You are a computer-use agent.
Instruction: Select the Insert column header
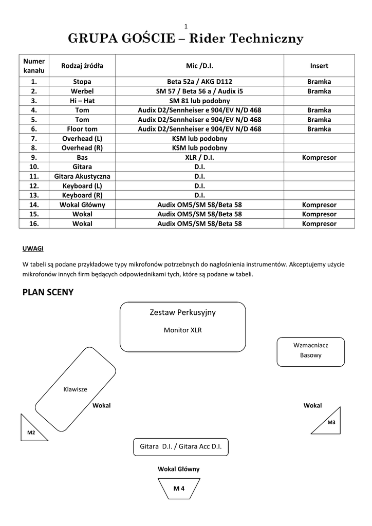(x=319, y=66)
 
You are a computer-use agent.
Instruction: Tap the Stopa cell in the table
(x=82, y=82)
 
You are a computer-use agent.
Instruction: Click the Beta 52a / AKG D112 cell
(x=199, y=82)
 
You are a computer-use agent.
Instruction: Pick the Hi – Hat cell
(x=82, y=101)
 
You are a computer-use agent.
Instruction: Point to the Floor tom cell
(x=82, y=129)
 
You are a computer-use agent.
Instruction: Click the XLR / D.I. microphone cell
(x=199, y=157)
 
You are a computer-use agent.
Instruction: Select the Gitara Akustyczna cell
(x=82, y=176)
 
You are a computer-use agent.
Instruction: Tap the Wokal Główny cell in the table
(x=82, y=204)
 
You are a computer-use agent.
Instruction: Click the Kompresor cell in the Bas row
(x=319, y=157)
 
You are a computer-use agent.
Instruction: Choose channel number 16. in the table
(x=34, y=223)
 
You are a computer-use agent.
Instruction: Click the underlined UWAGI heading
(x=33, y=249)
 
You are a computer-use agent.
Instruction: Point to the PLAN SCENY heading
(x=48, y=293)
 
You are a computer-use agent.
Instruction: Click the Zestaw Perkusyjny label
(x=182, y=312)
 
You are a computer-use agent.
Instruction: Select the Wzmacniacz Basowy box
(x=310, y=350)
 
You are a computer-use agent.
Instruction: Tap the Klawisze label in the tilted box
(x=75, y=389)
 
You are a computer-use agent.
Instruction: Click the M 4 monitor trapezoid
(x=179, y=489)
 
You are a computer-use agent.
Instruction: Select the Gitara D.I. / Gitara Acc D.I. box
(x=180, y=447)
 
